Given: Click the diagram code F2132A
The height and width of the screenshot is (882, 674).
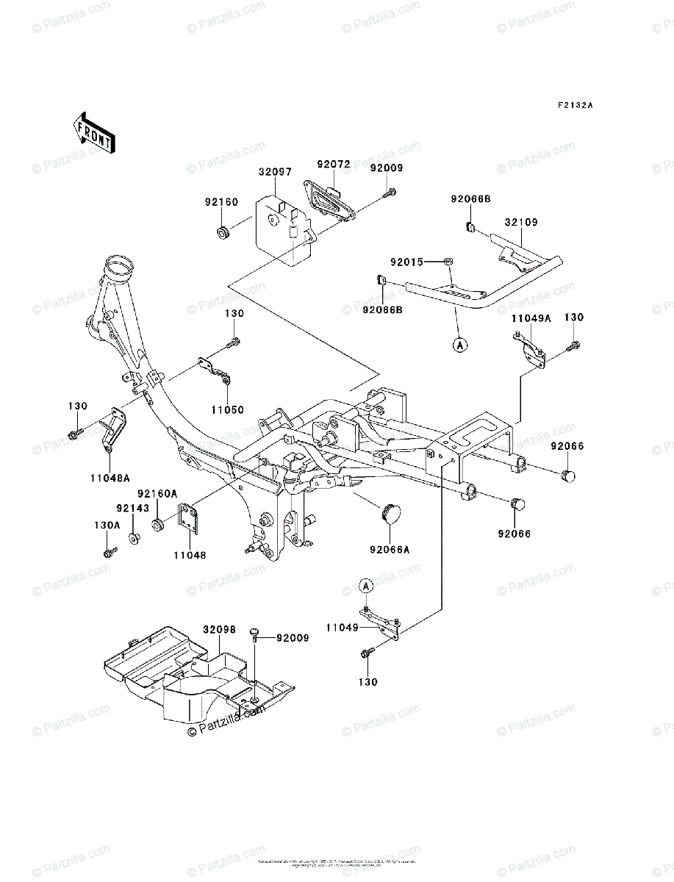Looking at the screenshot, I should [574, 105].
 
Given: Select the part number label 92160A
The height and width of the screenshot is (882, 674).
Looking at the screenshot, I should [158, 494].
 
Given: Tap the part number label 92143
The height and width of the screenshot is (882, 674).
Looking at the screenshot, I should [132, 507].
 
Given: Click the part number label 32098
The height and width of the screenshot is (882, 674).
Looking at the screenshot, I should [219, 630].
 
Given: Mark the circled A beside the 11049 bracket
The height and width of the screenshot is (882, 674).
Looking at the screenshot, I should [366, 585].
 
